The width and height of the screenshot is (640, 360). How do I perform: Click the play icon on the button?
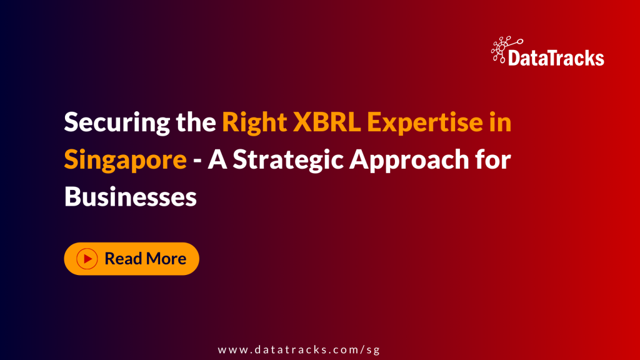(x=87, y=259)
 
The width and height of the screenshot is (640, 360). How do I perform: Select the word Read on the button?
(x=123, y=259)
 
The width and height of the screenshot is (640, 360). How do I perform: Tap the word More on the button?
(x=166, y=259)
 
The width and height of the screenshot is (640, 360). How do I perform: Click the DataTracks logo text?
(x=556, y=59)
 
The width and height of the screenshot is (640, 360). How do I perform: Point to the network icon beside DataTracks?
(x=503, y=50)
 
